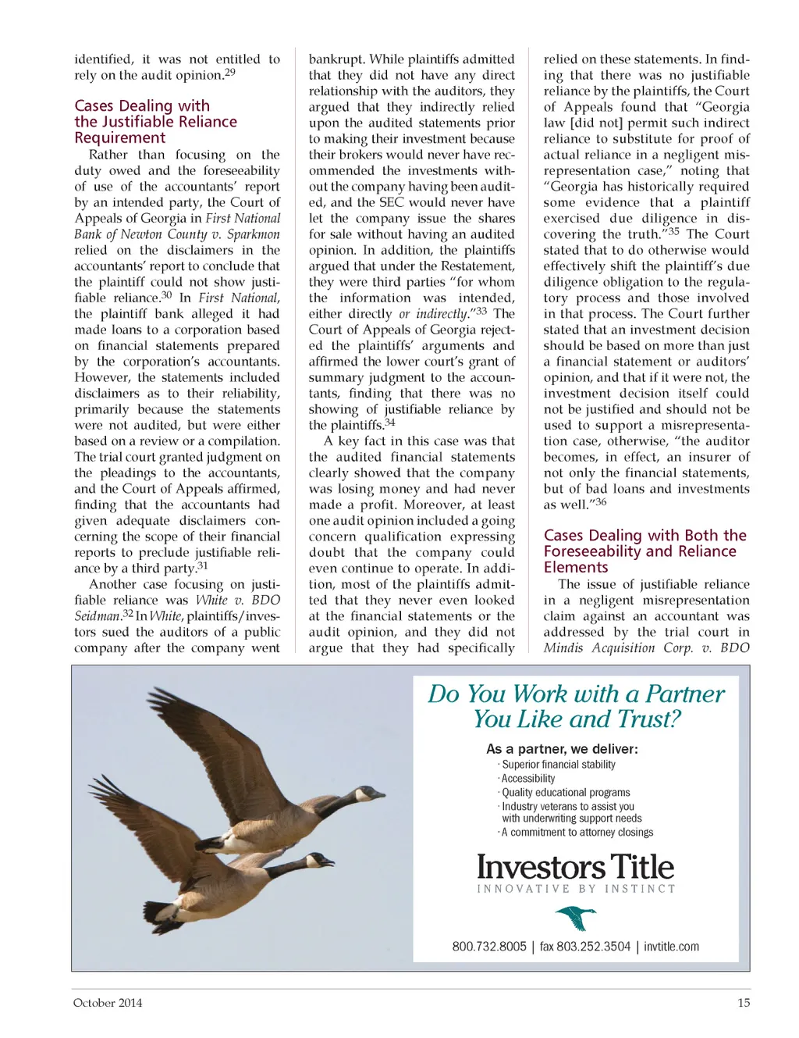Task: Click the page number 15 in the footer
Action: tap(744, 1003)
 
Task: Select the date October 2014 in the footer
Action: tap(108, 1003)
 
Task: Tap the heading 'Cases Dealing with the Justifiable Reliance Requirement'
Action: tap(155, 122)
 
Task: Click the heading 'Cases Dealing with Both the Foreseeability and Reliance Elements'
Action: tap(645, 551)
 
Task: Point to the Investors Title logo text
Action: tap(575, 867)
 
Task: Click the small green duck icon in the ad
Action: tap(576, 919)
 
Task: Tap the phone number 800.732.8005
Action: tap(489, 947)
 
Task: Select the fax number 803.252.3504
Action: tap(585, 947)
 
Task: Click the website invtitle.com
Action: tap(672, 947)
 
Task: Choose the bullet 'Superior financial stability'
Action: tap(558, 765)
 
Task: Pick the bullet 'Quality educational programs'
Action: tap(566, 792)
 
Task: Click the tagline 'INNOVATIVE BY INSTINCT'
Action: tap(576, 889)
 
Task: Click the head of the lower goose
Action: tap(323, 861)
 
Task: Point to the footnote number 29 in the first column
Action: tap(229, 73)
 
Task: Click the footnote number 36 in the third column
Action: tap(600, 502)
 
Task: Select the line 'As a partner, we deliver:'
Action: tap(562, 749)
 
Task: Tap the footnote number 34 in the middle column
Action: tap(390, 423)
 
